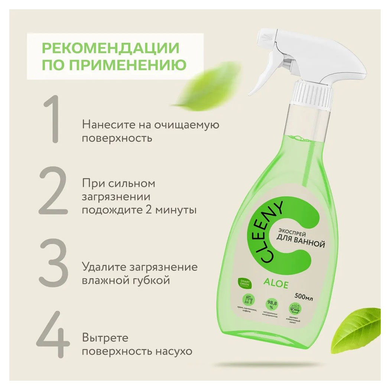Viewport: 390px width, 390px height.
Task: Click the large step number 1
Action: (52, 119)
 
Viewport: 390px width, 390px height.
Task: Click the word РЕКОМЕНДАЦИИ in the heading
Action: (110, 48)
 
